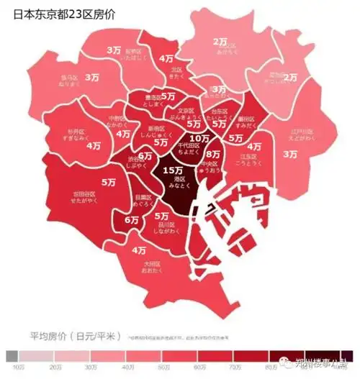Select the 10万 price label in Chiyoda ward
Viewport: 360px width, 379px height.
click(x=198, y=137)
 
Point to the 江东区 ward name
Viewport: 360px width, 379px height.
click(x=249, y=156)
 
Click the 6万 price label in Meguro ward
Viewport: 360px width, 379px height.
click(x=132, y=220)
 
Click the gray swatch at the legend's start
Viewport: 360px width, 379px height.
click(x=11, y=356)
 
